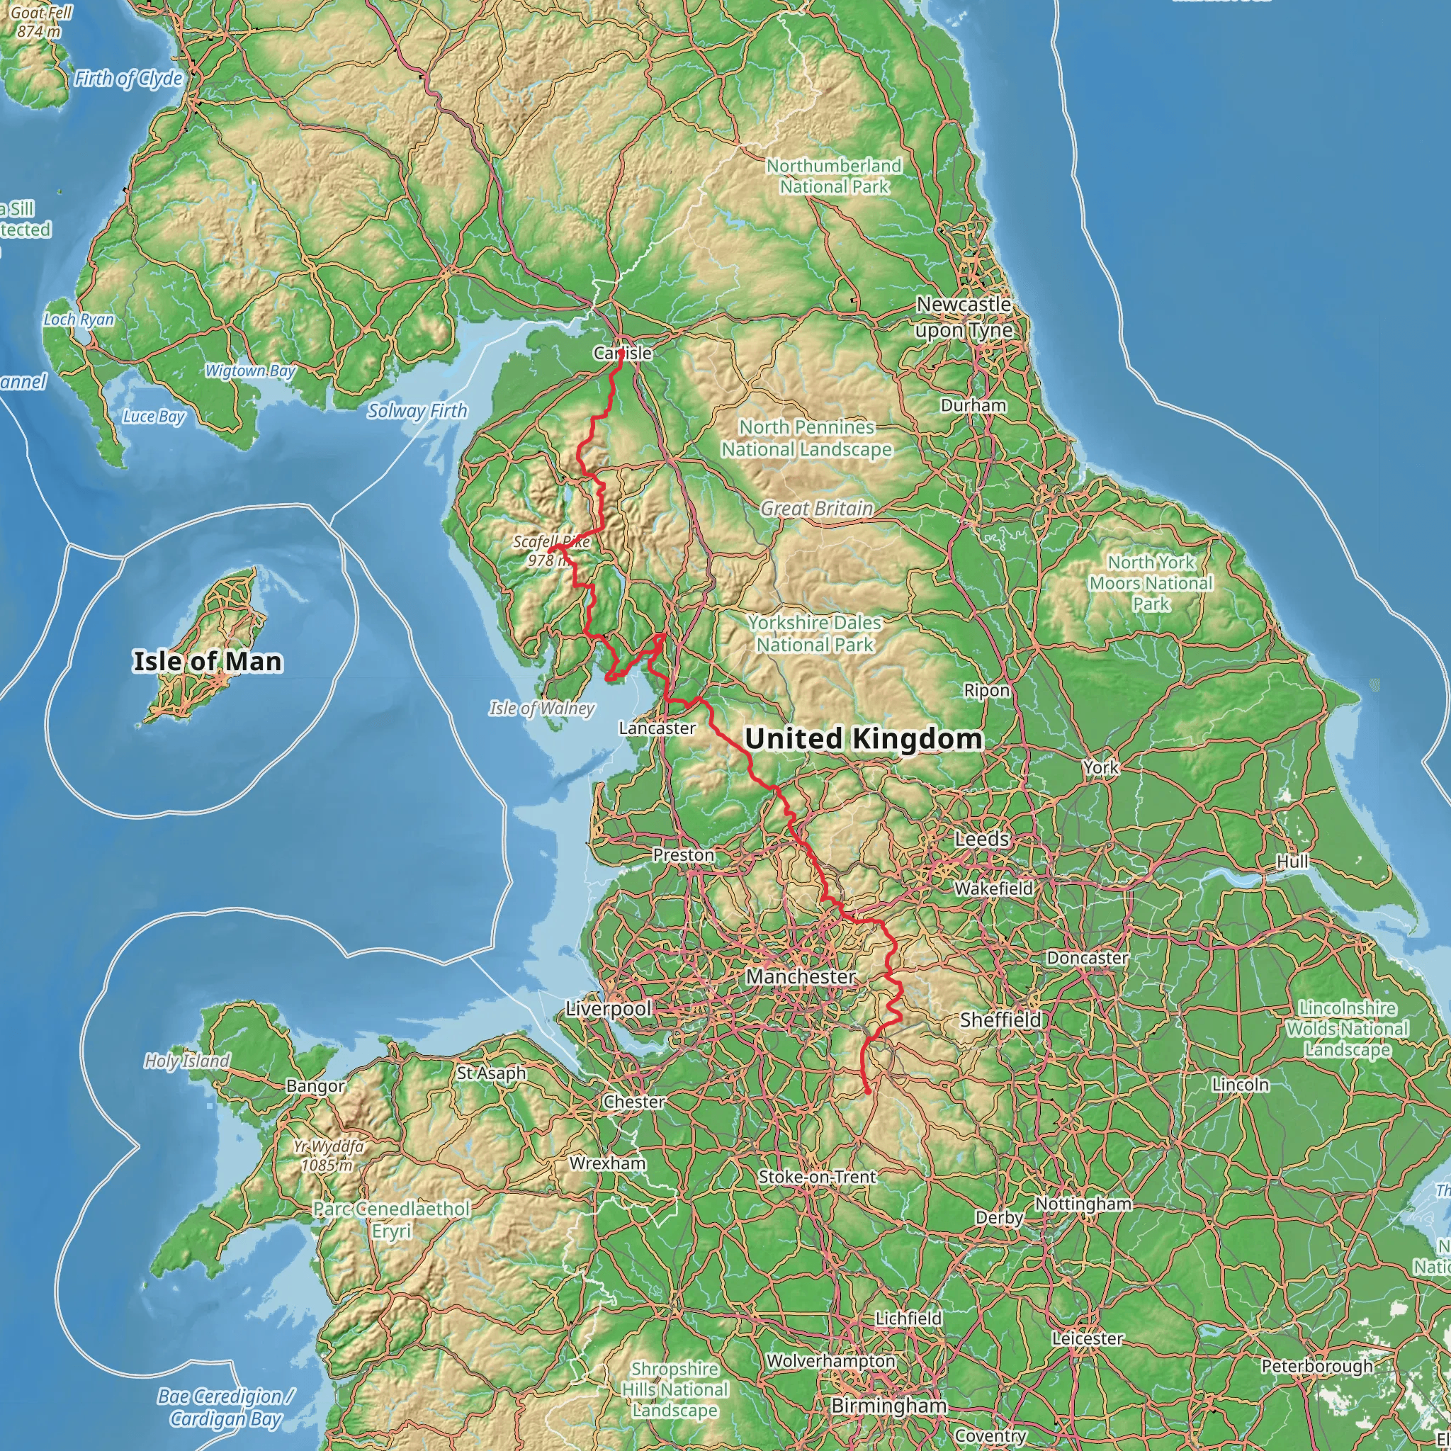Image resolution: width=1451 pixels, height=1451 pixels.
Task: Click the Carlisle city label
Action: point(623,353)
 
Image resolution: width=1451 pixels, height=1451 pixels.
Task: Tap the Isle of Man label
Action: point(208,662)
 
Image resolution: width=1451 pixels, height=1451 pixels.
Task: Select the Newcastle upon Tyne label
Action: point(964,317)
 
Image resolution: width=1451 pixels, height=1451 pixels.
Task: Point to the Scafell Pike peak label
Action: point(551,551)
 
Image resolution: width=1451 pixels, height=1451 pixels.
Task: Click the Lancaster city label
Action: point(657,728)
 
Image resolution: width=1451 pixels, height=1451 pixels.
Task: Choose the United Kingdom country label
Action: point(864,739)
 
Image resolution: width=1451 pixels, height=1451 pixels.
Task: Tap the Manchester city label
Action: point(801,976)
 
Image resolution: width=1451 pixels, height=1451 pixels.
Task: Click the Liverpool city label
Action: point(609,1009)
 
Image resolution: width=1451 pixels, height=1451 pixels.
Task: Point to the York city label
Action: point(1101,767)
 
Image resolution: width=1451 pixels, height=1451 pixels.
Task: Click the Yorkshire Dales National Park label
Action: point(814,633)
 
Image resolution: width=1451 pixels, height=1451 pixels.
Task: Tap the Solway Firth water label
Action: point(417,411)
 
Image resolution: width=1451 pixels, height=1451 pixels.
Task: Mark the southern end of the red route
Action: point(868,1091)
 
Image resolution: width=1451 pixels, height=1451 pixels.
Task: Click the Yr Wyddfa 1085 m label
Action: point(328,1156)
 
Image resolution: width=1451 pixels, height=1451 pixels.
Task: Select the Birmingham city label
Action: point(888,1405)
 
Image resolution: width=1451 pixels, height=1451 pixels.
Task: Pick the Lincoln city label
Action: point(1240,1085)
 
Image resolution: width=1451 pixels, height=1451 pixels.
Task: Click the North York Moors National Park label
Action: point(1151,583)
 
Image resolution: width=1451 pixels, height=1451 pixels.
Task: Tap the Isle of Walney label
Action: point(541,708)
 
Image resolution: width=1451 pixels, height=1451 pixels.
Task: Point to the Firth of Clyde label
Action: point(128,79)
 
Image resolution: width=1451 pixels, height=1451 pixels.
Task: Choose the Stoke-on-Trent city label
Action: point(817,1177)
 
